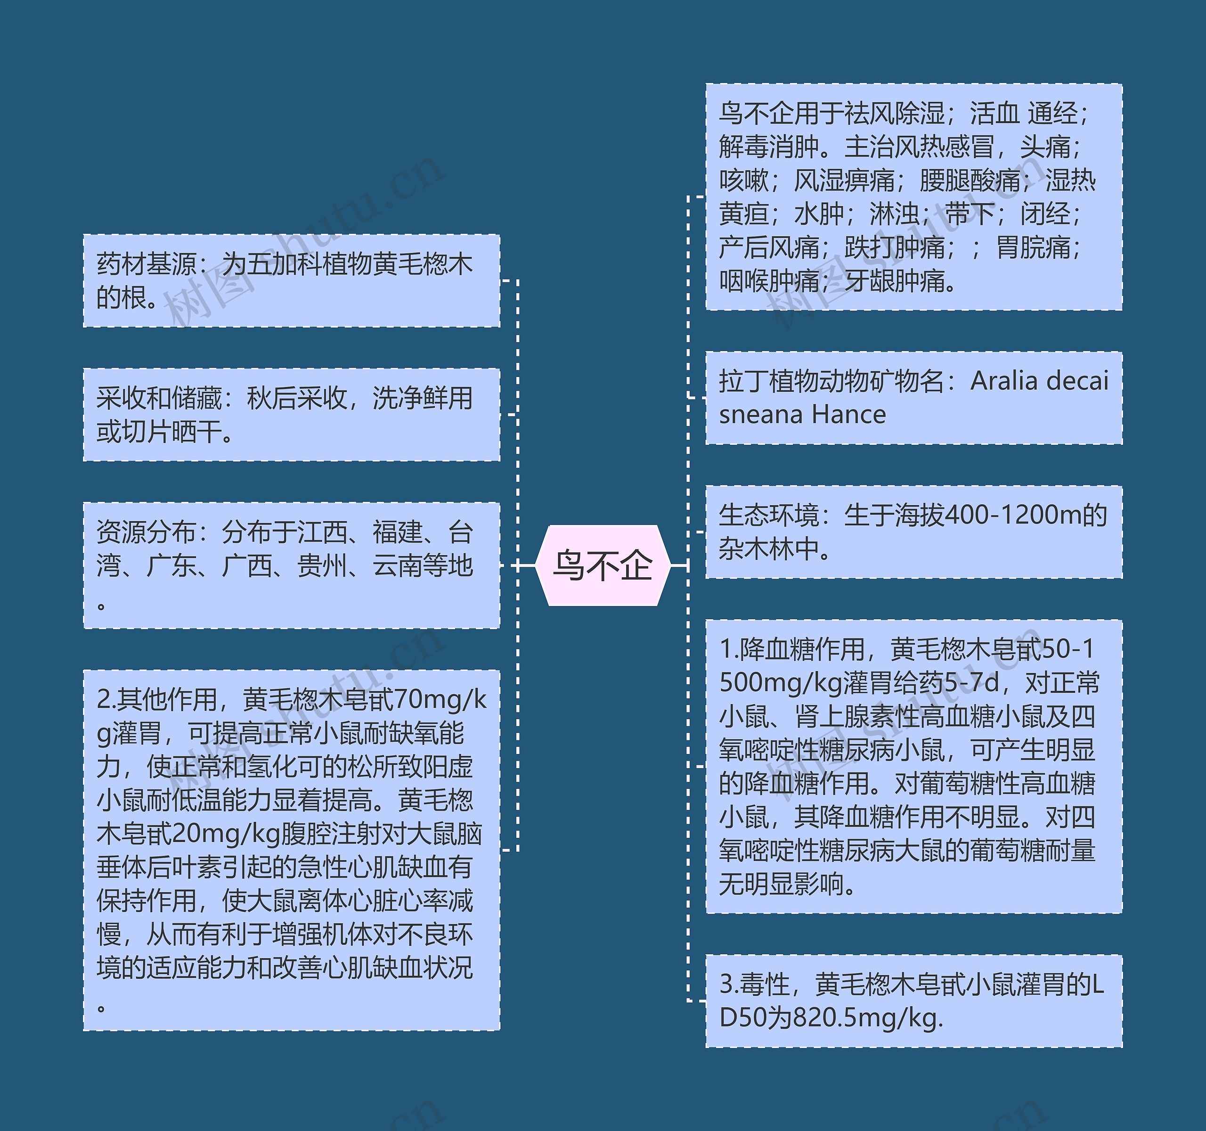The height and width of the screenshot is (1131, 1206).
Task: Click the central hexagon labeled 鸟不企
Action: pyautogui.click(x=603, y=565)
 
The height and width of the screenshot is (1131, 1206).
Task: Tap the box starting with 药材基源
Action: pyautogui.click(x=291, y=281)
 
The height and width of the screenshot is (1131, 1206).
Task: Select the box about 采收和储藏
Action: pyautogui.click(x=291, y=414)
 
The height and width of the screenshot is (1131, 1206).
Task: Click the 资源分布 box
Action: pyautogui.click(x=291, y=565)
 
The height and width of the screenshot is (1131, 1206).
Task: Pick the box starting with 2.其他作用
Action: pyautogui.click(x=291, y=850)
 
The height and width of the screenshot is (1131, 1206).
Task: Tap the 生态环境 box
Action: pyautogui.click(x=913, y=532)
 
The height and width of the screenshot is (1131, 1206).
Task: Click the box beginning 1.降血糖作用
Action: pyautogui.click(x=913, y=766)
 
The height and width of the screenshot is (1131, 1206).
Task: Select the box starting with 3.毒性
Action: pyautogui.click(x=913, y=1000)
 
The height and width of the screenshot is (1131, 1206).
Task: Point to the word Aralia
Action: pyautogui.click(x=1004, y=381)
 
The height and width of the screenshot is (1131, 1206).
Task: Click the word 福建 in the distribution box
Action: pyautogui.click(x=397, y=532)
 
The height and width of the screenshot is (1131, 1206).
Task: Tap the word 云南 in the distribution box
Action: pyautogui.click(x=397, y=565)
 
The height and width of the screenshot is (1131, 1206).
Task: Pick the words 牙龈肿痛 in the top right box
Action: pyautogui.click(x=895, y=281)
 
